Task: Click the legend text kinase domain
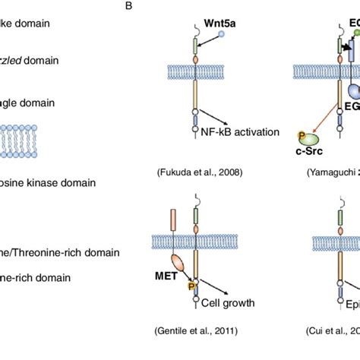[49, 182]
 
